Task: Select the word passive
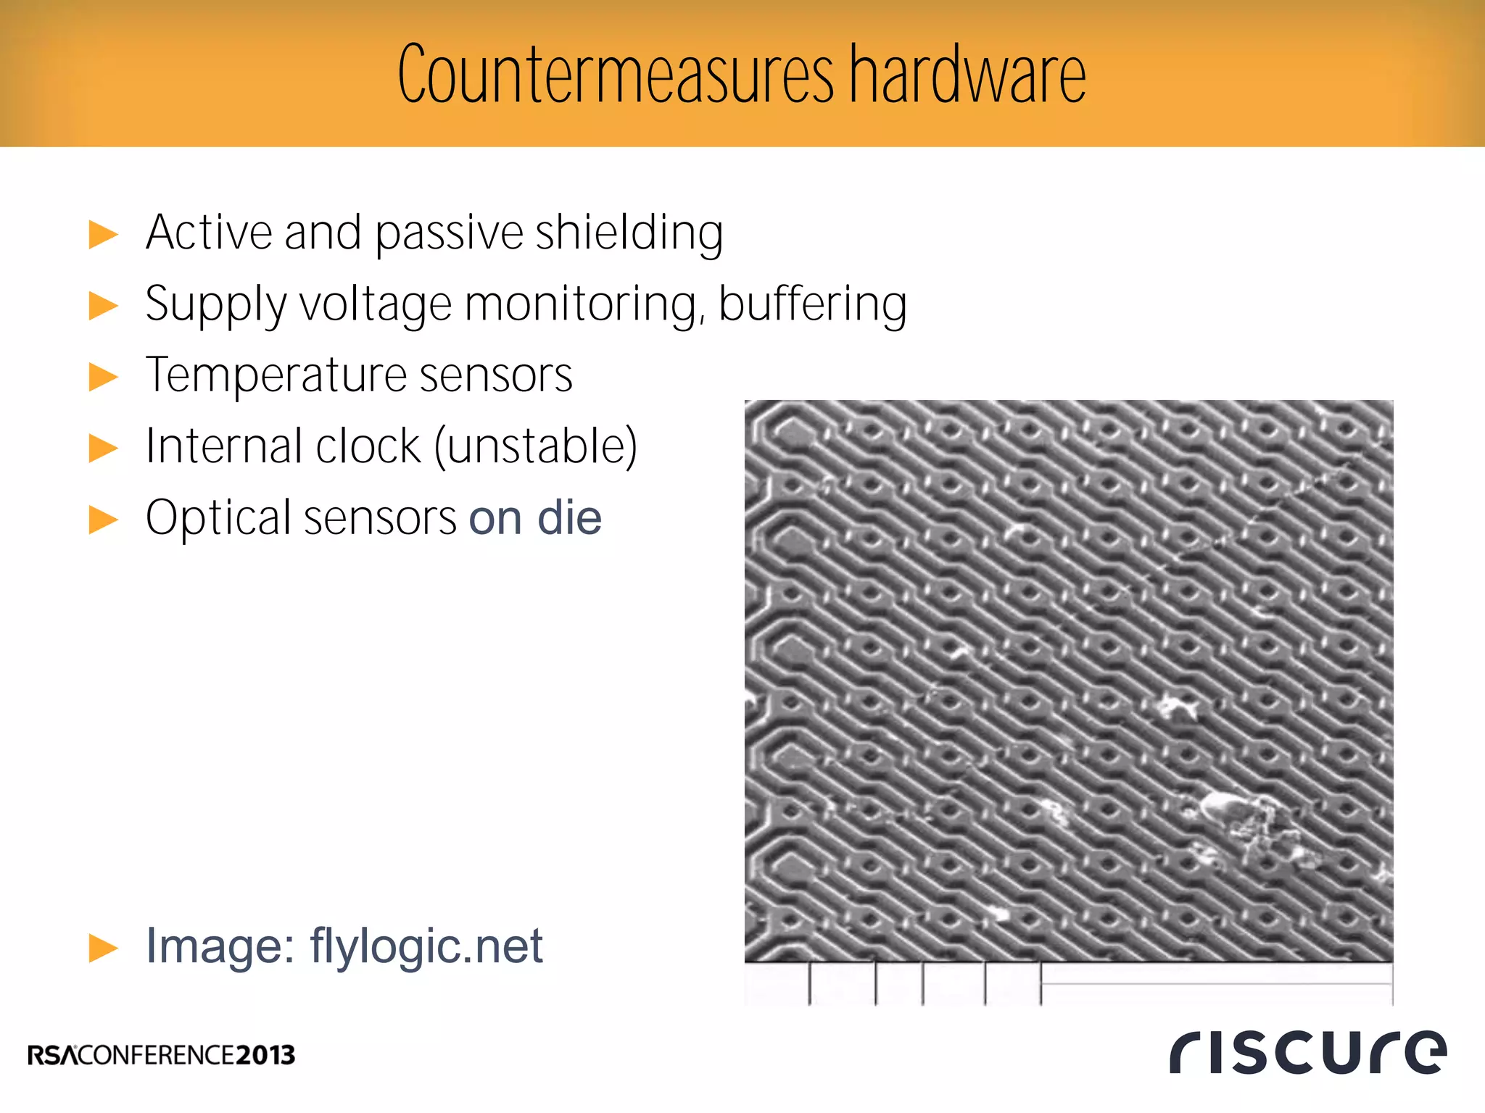point(449,233)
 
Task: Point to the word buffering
point(812,304)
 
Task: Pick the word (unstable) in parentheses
point(536,446)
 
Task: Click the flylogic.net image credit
point(426,946)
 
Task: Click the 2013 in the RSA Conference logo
point(265,1055)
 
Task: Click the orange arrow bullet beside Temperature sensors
point(103,378)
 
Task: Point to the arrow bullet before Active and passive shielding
point(103,235)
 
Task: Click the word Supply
point(216,304)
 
